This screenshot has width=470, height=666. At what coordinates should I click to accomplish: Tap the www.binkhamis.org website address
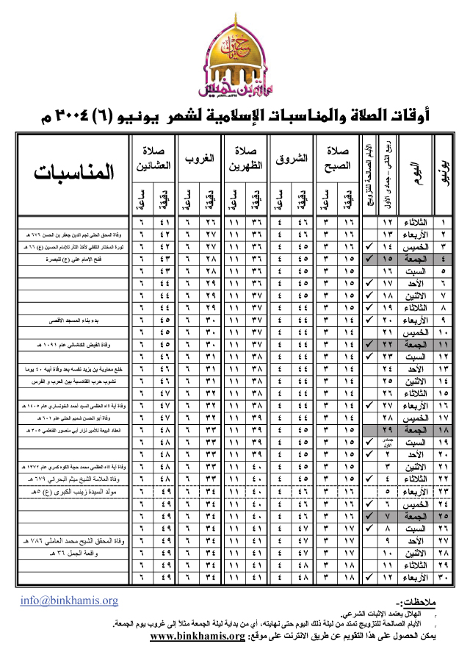[196, 636]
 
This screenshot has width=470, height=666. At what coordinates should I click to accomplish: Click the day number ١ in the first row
[444, 221]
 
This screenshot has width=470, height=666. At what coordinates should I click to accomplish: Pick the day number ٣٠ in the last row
[444, 576]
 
